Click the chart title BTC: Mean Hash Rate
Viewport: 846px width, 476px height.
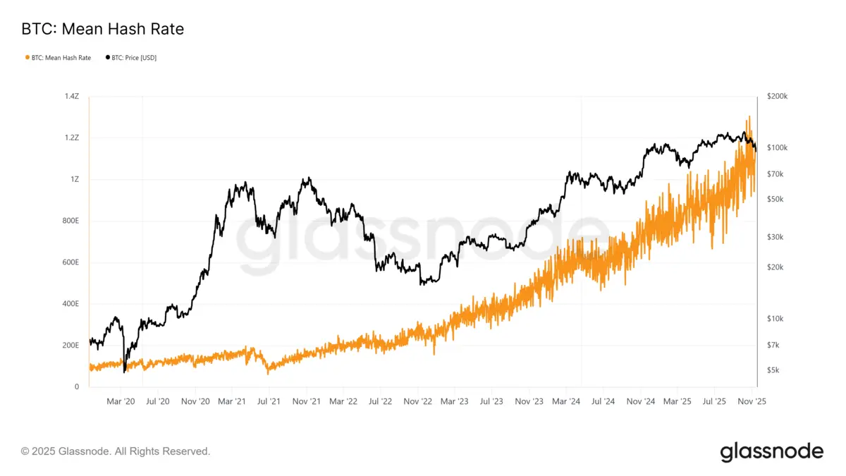(103, 29)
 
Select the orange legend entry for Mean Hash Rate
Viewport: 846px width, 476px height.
(59, 58)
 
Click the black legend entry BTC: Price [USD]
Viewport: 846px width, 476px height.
(132, 58)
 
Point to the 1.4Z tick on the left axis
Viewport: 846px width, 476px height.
(72, 95)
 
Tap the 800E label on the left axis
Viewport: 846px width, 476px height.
(70, 221)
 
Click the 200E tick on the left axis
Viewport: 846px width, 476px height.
(70, 346)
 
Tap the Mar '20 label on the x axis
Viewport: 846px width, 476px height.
(121, 401)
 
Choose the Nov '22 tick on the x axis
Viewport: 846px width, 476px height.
(417, 401)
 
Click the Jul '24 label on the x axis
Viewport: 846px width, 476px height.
(603, 401)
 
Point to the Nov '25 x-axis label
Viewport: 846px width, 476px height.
(752, 401)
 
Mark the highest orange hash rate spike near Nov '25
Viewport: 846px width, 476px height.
(748, 116)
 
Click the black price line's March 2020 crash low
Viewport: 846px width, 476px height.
(124, 371)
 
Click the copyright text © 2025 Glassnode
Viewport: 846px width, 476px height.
(116, 451)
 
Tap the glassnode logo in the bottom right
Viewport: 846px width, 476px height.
(771, 451)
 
